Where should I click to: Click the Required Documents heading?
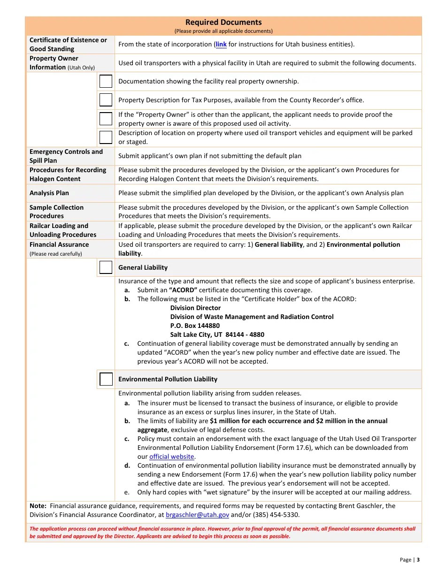pos(223,22)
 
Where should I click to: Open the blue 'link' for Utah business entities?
pos(221,45)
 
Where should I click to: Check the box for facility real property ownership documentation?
pos(106,81)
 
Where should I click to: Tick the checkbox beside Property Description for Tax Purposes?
pos(106,100)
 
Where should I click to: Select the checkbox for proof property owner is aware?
pos(106,119)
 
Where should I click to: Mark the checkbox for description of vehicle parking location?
pos(106,137)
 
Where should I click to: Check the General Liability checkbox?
pos(106,267)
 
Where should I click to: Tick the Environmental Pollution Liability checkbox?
pos(106,379)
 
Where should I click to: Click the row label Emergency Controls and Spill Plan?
pos(66,156)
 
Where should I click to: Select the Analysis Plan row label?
pos(49,193)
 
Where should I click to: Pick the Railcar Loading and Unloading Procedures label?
pos(63,230)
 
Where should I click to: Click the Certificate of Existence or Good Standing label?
pos(68,45)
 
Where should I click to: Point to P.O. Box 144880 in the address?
pos(195,326)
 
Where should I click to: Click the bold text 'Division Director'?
pos(195,308)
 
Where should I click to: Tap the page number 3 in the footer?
pos(418,560)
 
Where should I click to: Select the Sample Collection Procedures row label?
pos(56,212)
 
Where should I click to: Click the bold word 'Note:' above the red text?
pos(38,506)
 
